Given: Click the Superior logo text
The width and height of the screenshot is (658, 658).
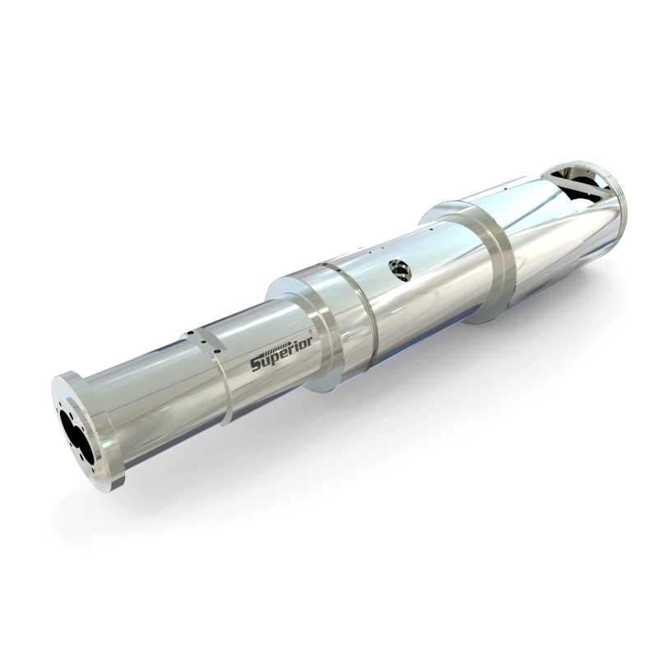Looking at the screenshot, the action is pyautogui.click(x=281, y=354).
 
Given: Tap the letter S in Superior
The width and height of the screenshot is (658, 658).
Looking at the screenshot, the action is pyautogui.click(x=257, y=364).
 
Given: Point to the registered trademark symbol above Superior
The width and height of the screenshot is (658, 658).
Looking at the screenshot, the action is pyautogui.click(x=310, y=331).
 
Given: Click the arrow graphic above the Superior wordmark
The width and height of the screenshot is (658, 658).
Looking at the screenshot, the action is pyautogui.click(x=274, y=350).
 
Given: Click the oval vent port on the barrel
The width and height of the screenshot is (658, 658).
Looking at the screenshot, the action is pyautogui.click(x=400, y=270).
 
